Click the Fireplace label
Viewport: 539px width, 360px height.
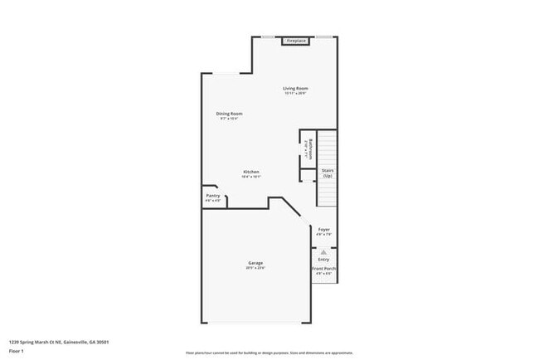point(296,41)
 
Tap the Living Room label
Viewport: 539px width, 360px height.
point(296,88)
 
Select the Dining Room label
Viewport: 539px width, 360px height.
point(231,114)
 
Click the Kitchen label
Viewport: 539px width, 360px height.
point(251,172)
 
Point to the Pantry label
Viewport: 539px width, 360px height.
point(213,196)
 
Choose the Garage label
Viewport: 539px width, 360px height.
point(255,263)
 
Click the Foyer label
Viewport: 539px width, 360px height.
point(324,229)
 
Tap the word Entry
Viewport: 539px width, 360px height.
point(323,260)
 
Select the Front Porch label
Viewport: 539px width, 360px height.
point(324,269)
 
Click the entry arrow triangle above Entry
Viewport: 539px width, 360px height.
point(324,251)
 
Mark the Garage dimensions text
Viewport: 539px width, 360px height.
point(255,268)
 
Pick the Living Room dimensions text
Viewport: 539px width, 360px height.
point(296,93)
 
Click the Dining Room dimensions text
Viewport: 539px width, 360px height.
point(231,119)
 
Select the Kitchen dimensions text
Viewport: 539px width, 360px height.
point(251,177)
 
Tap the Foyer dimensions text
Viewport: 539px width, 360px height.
point(324,234)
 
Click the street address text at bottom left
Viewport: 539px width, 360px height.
point(59,342)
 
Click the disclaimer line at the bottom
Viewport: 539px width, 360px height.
point(269,352)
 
